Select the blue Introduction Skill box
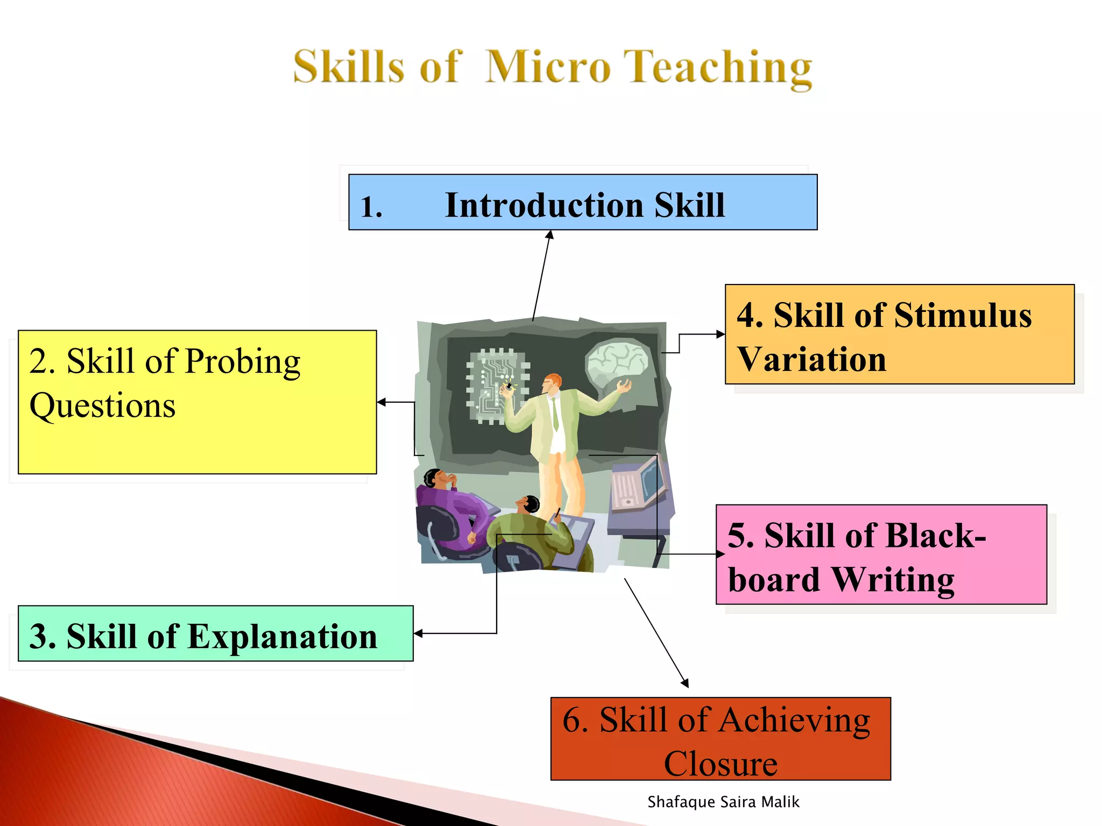click(x=582, y=203)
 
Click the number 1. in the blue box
click(x=371, y=207)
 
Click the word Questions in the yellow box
click(x=102, y=405)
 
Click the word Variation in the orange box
click(x=811, y=360)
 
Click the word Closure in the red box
click(x=720, y=764)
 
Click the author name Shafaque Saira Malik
click(x=723, y=802)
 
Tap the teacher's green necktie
click(x=555, y=414)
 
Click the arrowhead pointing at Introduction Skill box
click(x=550, y=235)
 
